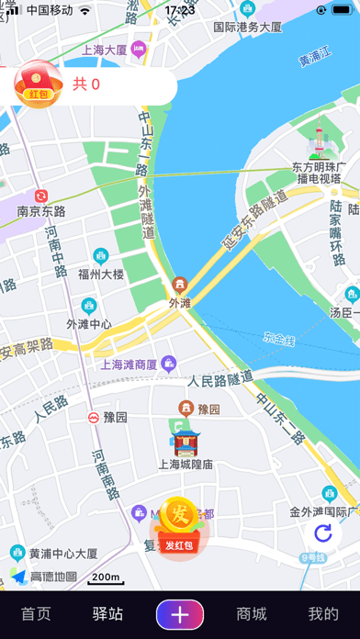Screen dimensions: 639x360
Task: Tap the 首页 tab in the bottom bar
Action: (x=36, y=614)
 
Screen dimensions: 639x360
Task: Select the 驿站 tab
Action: (x=107, y=614)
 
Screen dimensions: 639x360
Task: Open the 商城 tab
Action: (x=252, y=614)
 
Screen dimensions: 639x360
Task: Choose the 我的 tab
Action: (x=322, y=614)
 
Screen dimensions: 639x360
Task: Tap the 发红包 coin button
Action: (x=180, y=526)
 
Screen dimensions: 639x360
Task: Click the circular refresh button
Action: (x=322, y=533)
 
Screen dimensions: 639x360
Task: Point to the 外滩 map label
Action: (x=180, y=301)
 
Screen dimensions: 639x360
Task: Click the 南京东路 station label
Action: (x=41, y=210)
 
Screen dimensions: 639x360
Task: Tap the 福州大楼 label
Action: (x=100, y=273)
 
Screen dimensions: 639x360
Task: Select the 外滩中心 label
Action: (x=89, y=323)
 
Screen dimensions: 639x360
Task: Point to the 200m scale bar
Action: (x=106, y=577)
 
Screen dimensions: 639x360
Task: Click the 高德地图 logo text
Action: (x=53, y=577)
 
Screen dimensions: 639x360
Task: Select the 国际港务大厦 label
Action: (x=247, y=28)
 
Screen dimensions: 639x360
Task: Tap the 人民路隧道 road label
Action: (x=220, y=378)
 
